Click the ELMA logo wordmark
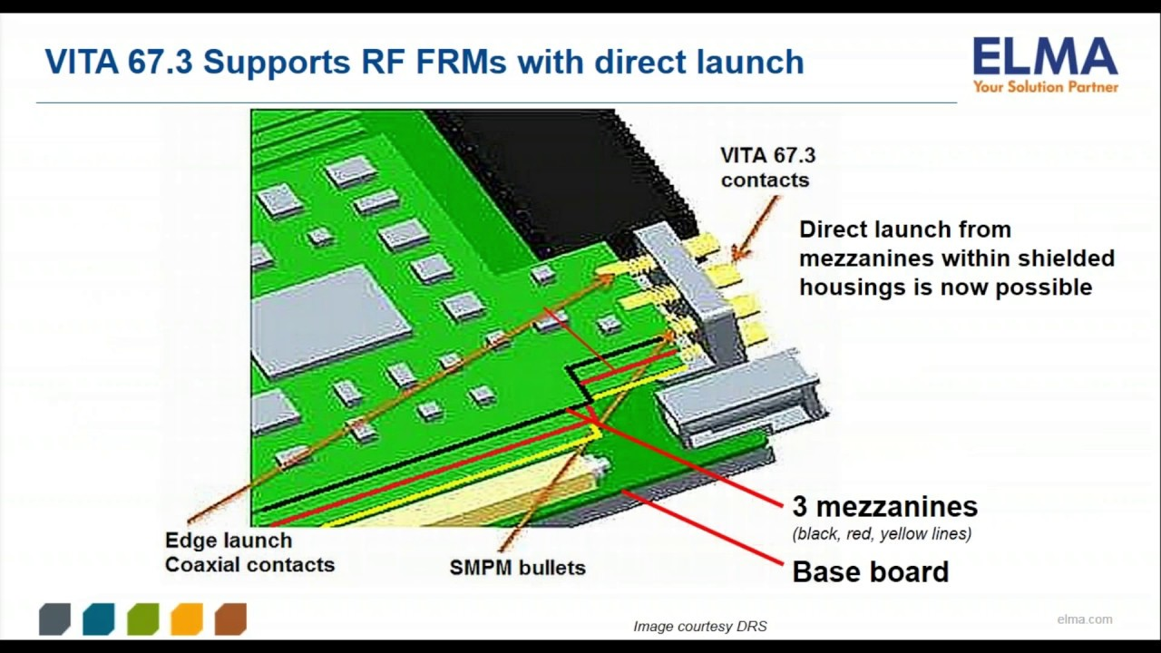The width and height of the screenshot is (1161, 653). point(1045,58)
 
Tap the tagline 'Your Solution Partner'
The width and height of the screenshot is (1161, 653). point(1045,87)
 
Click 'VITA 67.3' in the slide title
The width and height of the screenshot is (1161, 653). point(118,62)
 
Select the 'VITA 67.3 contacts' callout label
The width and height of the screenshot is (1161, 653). point(767,168)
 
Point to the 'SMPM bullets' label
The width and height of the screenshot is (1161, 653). point(517,568)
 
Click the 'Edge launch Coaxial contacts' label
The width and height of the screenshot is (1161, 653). point(249,552)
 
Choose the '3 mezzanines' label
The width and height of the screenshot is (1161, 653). point(884,506)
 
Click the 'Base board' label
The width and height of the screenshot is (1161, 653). point(870,571)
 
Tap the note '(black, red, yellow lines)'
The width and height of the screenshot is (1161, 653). point(882,533)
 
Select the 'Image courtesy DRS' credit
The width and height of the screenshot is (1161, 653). point(699,626)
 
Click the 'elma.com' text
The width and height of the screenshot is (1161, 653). point(1084,619)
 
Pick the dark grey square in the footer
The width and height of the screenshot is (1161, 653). point(54,619)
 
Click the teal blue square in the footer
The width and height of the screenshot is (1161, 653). point(98,619)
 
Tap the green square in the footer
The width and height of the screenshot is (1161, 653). point(142,619)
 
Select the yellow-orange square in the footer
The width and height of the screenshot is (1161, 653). point(186,619)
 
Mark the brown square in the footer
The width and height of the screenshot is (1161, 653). point(230,619)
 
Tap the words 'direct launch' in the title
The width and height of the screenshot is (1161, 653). point(698,62)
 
